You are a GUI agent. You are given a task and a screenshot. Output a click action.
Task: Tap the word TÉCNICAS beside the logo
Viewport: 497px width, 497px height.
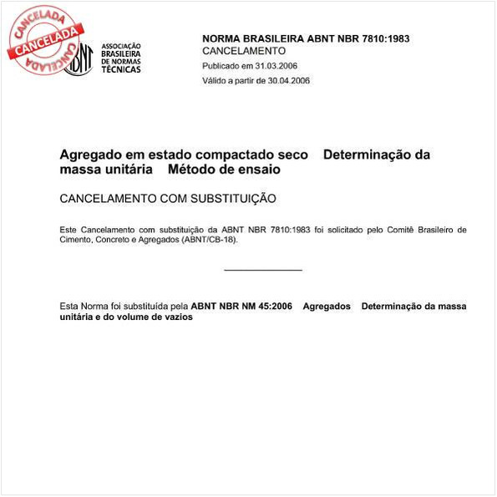tap(121, 68)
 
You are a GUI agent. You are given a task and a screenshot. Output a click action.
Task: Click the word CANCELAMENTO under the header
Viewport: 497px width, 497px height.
tap(244, 51)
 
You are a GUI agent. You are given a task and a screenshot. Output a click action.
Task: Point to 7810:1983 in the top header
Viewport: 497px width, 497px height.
tap(381, 38)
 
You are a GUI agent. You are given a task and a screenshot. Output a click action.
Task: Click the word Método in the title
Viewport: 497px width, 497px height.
tap(190, 170)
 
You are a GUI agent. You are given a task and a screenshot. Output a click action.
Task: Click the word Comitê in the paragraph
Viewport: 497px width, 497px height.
tap(403, 229)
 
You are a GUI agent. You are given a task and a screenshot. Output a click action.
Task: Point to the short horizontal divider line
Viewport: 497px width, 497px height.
tap(263, 270)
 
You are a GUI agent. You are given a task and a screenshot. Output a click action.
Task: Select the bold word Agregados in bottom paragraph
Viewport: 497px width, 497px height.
tap(327, 307)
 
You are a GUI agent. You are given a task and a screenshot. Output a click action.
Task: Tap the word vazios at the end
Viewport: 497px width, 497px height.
tap(177, 317)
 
